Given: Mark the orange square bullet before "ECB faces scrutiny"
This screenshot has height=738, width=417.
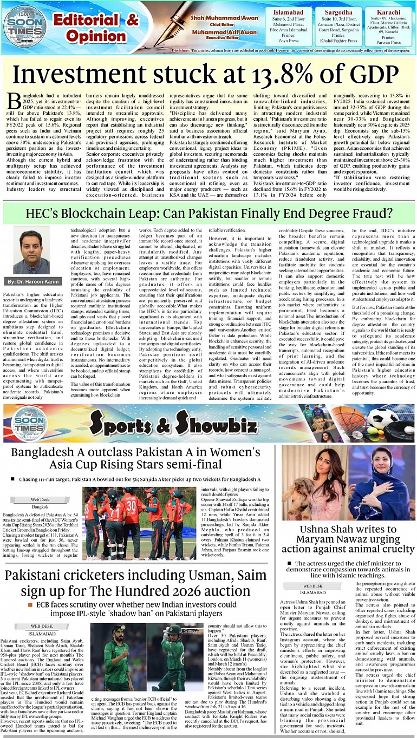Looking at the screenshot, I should [32, 604].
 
